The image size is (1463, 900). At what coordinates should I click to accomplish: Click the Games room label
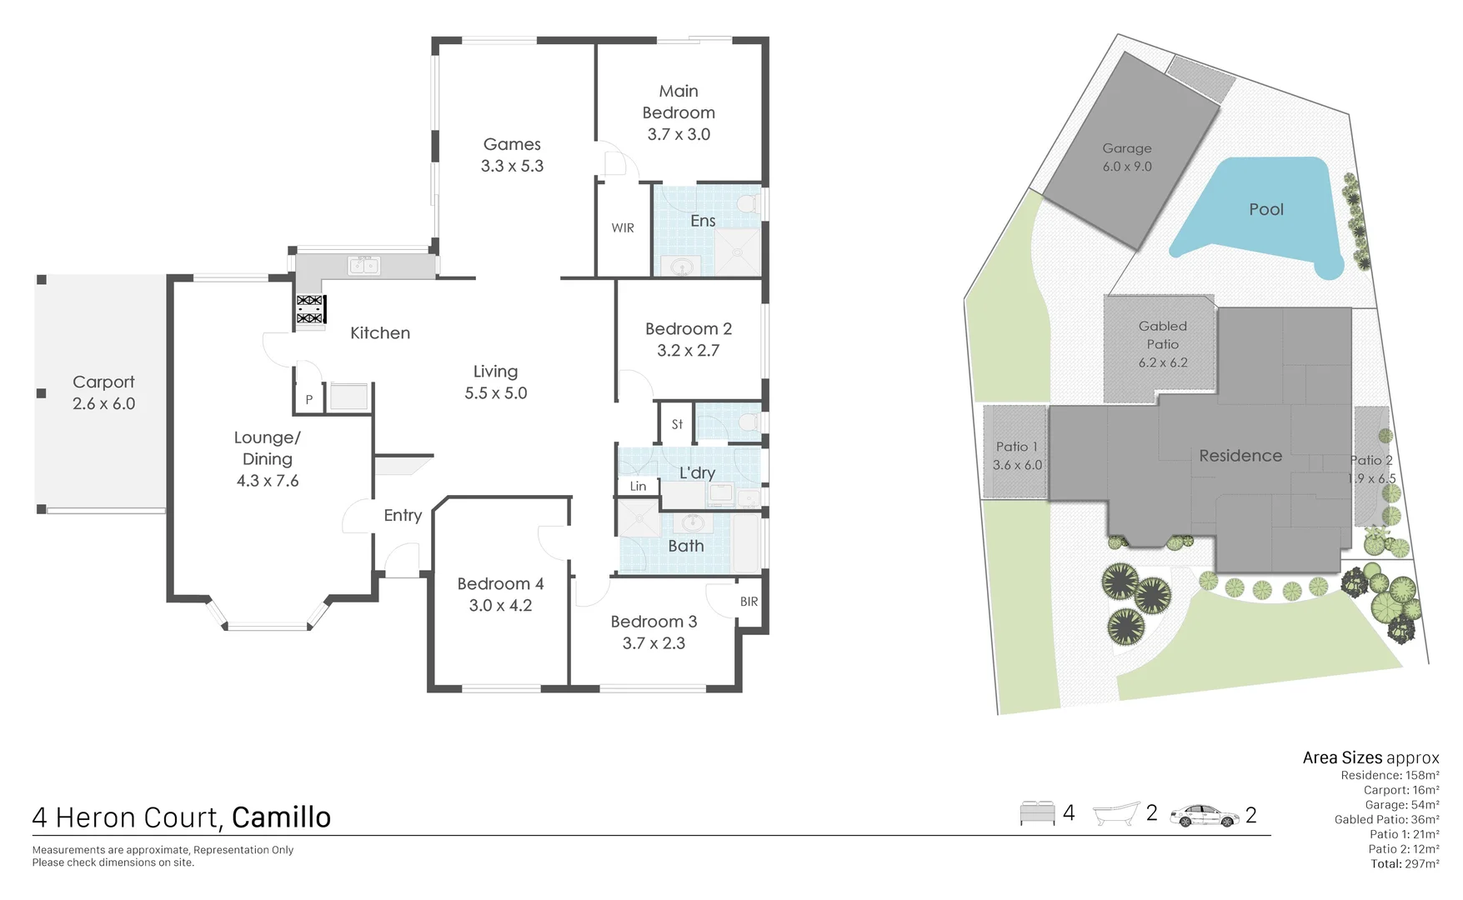click(512, 144)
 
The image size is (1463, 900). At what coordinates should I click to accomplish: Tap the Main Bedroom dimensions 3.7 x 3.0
click(679, 134)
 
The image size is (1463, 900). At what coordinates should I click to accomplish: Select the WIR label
click(623, 227)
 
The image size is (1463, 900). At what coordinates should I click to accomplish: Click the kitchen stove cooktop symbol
click(310, 309)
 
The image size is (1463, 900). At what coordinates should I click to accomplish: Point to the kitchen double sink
click(363, 266)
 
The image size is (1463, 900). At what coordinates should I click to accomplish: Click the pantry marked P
click(308, 399)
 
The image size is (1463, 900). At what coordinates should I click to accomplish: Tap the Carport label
click(103, 382)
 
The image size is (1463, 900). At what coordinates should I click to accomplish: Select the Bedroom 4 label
click(500, 583)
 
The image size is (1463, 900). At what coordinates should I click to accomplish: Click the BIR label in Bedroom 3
click(749, 602)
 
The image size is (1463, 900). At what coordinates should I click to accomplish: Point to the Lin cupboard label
click(638, 486)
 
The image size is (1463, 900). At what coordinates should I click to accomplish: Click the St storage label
click(677, 424)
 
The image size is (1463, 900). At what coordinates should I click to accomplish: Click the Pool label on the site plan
click(1265, 209)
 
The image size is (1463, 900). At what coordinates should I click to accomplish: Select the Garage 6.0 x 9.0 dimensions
click(1127, 167)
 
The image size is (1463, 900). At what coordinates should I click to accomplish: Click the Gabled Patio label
click(1162, 335)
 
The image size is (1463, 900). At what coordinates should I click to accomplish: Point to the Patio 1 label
click(1016, 447)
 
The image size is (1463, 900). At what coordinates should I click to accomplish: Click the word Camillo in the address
click(281, 817)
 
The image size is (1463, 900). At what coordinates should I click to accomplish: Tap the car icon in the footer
click(1204, 815)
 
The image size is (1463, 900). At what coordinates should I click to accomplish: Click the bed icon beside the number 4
click(1037, 813)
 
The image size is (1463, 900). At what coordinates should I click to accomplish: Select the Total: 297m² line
click(1405, 864)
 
